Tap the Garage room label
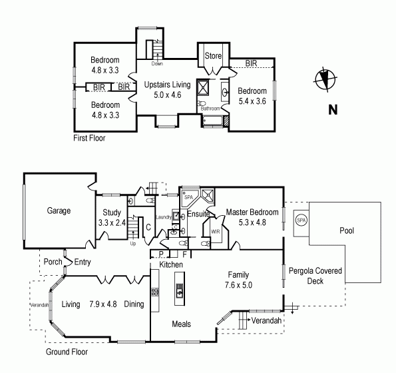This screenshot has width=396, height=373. [x=59, y=210]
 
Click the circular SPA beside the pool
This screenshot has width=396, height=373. [x=301, y=220]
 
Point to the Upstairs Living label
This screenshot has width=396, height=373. [x=168, y=85]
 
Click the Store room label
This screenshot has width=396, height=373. [x=213, y=55]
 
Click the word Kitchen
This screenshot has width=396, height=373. [x=172, y=265]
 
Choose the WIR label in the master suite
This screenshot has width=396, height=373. [x=216, y=232]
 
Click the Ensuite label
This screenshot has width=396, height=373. [x=198, y=214]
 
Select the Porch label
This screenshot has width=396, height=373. [x=52, y=262]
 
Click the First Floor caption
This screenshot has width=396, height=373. [x=89, y=139]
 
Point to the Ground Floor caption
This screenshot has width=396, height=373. [x=67, y=351]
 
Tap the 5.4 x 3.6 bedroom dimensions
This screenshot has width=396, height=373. [x=252, y=101]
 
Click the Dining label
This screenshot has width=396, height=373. [x=133, y=304]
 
